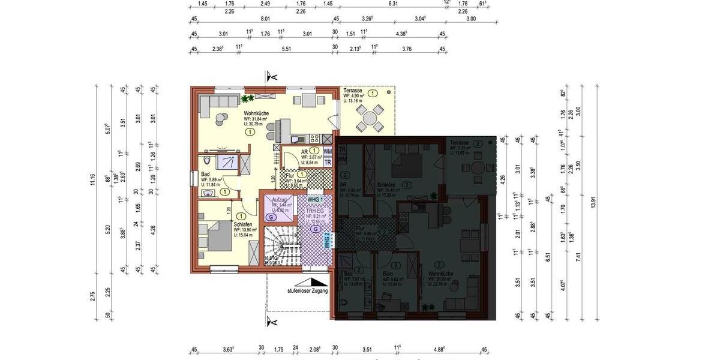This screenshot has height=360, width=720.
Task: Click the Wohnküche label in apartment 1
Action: pos(256,113)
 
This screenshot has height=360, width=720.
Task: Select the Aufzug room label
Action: pos(280,199)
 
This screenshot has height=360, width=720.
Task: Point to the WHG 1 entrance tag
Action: pos(315,199)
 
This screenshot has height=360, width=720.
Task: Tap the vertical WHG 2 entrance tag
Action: pos(327,241)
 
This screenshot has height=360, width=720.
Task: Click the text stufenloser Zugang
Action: pos(307,290)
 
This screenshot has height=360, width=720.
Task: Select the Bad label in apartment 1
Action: pos(205,173)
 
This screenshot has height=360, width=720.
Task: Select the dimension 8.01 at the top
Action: pos(265,19)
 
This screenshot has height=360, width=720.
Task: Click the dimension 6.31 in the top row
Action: pos(393,4)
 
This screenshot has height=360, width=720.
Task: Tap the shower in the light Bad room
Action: pos(227,163)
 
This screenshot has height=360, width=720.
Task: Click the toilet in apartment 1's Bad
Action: pos(207,161)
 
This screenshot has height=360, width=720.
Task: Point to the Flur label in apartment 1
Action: pos(289,175)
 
